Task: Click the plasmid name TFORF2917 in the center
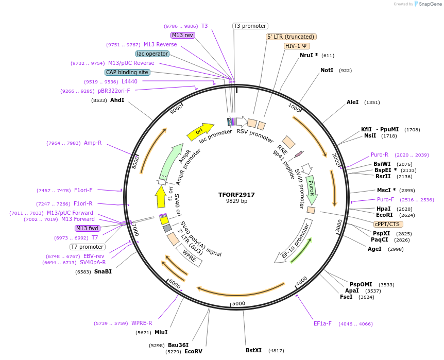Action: pos(236,195)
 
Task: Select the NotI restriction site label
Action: pos(327,70)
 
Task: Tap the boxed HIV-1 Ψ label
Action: pos(297,46)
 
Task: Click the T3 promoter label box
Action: pos(250,26)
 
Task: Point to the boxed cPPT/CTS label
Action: pos(388,224)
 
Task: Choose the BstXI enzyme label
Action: pos(253,350)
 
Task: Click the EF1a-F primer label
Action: pos(322,323)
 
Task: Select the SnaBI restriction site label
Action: pos(103,271)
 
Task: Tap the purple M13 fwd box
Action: pos(88,228)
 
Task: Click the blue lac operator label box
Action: pos(152,54)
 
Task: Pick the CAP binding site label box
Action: pos(127,73)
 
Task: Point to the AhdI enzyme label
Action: pos(117,100)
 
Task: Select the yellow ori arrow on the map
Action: pos(200,131)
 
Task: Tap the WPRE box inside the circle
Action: pos(189,256)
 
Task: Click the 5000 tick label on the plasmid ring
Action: pos(238,303)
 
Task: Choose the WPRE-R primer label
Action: pos(142,323)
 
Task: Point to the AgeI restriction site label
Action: pos(374,249)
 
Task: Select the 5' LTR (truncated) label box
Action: pos(291,37)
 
